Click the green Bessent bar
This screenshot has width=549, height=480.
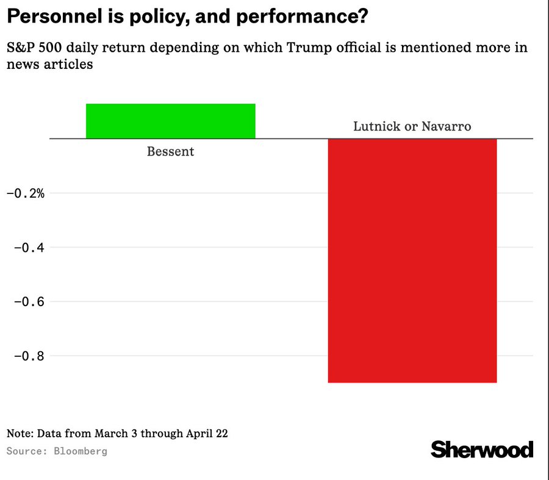170,121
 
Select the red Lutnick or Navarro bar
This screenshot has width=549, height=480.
412,260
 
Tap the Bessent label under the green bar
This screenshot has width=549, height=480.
170,151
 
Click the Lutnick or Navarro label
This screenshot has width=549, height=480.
412,126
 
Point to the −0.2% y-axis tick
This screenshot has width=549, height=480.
26,193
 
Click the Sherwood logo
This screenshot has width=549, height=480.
482,450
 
